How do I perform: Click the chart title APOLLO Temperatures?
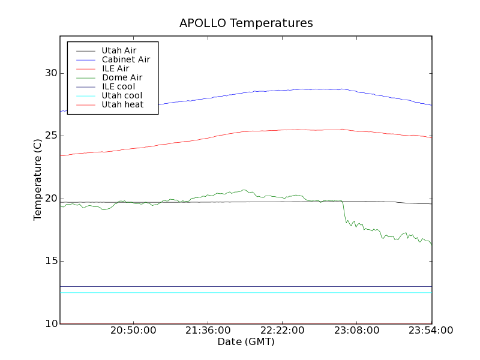pyautogui.click(x=246, y=23)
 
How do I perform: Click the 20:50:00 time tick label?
pyautogui.click(x=133, y=331)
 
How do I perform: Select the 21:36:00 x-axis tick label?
pyautogui.click(x=208, y=331)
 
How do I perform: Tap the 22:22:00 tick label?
pyautogui.click(x=282, y=331)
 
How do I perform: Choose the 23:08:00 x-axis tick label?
pyautogui.click(x=356, y=331)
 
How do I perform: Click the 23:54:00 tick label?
pyautogui.click(x=431, y=331)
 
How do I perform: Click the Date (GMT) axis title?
pyautogui.click(x=246, y=341)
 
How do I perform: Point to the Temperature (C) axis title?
pyautogui.click(x=38, y=180)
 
